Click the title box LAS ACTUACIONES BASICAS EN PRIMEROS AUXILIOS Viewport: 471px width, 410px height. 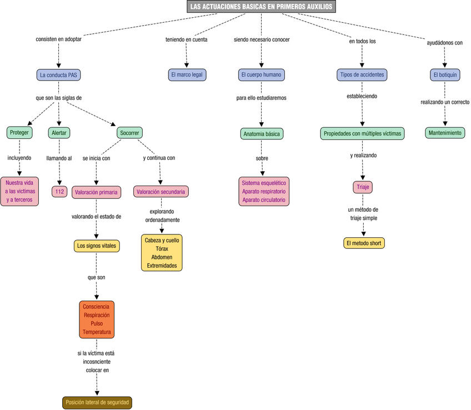point(261,7)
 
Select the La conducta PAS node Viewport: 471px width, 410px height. point(58,74)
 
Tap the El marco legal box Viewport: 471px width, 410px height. point(187,74)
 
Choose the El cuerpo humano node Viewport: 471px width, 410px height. point(261,74)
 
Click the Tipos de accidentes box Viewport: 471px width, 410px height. point(362,74)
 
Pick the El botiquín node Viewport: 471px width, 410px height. point(444,74)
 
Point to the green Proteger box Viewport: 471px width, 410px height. point(19,133)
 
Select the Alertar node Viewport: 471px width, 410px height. point(59,133)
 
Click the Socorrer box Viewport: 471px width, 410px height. point(129,133)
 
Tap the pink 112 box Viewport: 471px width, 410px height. point(59,192)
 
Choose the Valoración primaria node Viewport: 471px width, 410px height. point(97,192)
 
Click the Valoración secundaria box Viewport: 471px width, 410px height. point(161,192)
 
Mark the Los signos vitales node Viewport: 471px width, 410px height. point(97,246)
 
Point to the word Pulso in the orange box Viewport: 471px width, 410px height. point(97,323)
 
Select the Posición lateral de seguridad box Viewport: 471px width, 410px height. point(97,403)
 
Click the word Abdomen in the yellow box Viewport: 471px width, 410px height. point(162,257)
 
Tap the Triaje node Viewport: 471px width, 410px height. point(362,188)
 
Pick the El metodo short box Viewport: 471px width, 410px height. point(364,243)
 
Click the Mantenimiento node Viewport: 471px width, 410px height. point(444,133)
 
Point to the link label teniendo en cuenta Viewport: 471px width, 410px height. point(187,39)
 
